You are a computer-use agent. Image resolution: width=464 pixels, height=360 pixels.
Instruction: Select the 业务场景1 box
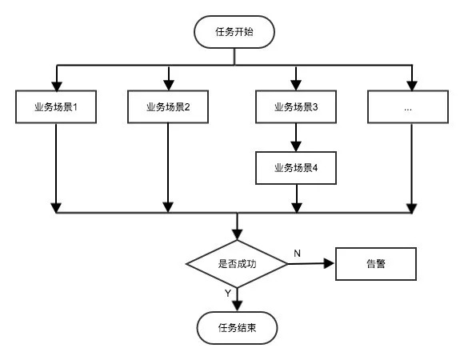click(56, 107)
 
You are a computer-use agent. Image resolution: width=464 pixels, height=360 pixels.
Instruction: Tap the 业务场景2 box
click(168, 107)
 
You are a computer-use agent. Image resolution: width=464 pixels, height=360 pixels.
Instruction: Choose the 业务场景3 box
click(296, 107)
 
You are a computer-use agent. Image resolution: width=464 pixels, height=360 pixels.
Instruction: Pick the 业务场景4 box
click(296, 168)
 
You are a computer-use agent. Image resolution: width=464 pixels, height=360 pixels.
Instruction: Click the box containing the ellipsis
click(408, 107)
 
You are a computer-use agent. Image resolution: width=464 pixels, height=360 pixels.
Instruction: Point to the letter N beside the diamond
click(297, 253)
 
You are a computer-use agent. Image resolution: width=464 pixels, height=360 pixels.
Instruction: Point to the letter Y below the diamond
click(228, 294)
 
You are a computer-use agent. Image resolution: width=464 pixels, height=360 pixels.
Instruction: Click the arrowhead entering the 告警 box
click(330, 262)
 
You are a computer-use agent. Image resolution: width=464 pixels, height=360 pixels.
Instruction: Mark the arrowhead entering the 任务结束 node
click(237, 306)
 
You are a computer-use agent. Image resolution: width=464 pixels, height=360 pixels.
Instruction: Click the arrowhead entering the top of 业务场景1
click(56, 86)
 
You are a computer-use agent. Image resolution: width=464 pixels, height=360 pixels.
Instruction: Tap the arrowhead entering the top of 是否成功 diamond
click(237, 234)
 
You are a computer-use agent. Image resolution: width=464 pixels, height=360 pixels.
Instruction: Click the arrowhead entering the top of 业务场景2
click(168, 86)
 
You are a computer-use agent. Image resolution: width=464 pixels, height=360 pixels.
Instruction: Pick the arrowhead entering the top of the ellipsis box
click(412, 86)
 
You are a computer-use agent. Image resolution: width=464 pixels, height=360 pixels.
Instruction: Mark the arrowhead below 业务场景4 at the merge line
click(296, 208)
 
